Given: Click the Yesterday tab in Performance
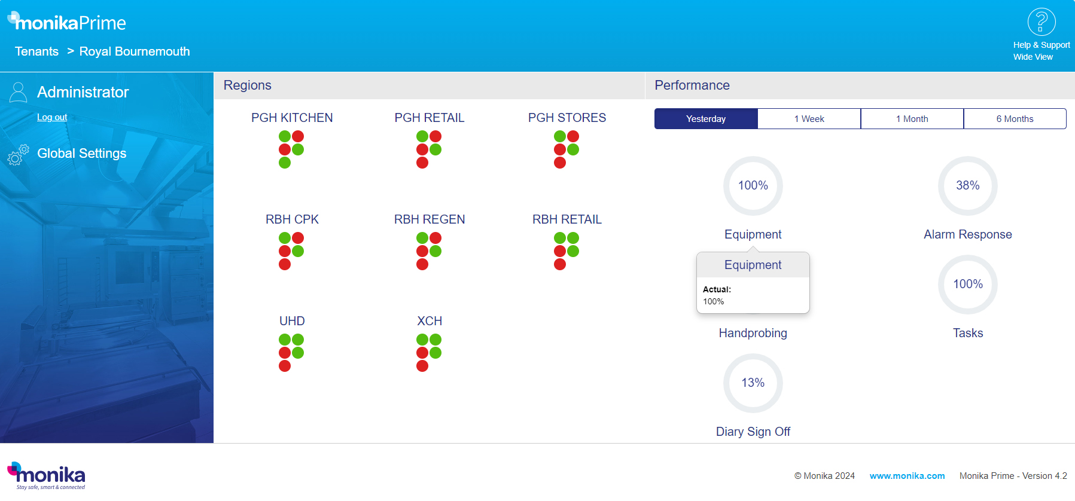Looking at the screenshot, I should point(706,119).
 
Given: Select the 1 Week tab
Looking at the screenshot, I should point(809,119).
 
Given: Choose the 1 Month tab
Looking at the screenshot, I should point(912,119).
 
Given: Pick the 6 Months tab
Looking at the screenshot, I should point(1015,119).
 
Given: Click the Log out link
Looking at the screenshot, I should point(52,117).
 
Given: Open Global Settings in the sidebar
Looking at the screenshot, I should point(81,154).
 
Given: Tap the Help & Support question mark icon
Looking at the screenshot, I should point(1041,22).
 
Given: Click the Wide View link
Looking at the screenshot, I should point(1033,57).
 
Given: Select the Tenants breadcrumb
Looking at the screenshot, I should point(36,51).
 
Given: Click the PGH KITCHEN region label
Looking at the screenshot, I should point(292,118).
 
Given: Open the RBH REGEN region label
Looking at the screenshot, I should point(429,219).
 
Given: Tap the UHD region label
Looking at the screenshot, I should point(292,321).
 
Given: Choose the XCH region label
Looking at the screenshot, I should point(429,321).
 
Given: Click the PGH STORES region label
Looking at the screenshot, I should point(567,118).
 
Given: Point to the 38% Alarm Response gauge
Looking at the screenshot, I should point(967,186).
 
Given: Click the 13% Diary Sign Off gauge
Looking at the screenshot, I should point(753,383).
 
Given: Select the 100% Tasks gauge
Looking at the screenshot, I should point(967,285).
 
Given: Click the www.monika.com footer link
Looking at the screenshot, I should point(907,476).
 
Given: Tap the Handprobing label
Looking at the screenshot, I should point(753,333).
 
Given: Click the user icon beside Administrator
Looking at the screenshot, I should point(19,93).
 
